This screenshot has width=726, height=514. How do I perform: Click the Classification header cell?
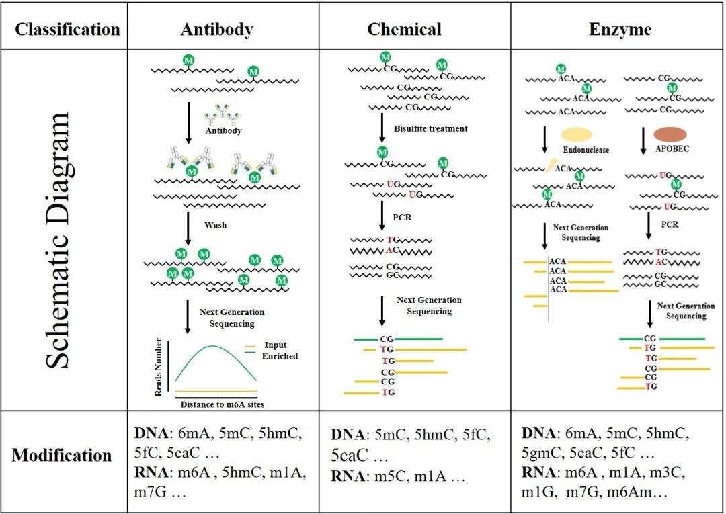click(x=68, y=29)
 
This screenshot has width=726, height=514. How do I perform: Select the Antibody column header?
click(x=217, y=29)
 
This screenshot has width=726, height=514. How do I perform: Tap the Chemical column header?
click(x=404, y=29)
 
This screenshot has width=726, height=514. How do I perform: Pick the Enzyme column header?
click(x=620, y=30)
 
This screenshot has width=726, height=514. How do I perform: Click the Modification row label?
click(x=62, y=456)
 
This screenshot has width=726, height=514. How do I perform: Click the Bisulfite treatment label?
click(x=431, y=128)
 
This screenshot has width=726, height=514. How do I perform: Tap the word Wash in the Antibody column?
click(x=216, y=225)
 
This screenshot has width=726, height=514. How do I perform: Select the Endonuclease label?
click(x=586, y=150)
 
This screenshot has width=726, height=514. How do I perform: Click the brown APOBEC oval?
click(x=670, y=134)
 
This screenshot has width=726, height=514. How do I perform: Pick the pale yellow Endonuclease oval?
click(x=577, y=134)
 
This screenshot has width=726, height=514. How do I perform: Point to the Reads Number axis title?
click(x=159, y=368)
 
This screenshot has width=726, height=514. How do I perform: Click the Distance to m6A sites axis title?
click(x=223, y=404)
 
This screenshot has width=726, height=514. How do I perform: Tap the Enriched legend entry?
click(x=280, y=356)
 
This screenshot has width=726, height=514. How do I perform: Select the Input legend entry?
click(x=276, y=345)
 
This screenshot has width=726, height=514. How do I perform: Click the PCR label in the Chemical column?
click(x=402, y=218)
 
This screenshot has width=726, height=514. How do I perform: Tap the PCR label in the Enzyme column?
click(x=670, y=225)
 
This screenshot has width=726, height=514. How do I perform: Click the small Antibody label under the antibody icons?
click(x=224, y=131)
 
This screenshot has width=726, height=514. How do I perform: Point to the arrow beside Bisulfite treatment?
click(x=382, y=127)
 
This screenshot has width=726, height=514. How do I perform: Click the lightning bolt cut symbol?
click(x=550, y=165)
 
